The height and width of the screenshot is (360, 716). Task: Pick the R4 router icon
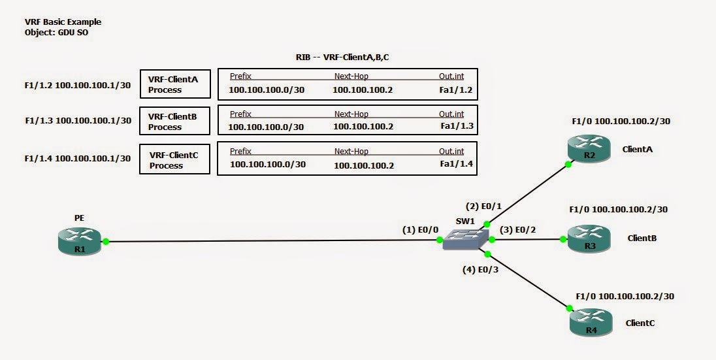591,323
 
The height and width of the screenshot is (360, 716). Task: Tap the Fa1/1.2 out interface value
455,90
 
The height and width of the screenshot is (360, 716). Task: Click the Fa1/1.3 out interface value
456,126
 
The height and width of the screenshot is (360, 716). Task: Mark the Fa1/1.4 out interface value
456,165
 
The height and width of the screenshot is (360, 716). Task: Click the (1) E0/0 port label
420,229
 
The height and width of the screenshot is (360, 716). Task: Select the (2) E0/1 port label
483,206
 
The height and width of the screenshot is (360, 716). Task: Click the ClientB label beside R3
642,238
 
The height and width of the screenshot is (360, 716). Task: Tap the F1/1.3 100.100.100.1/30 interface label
78,121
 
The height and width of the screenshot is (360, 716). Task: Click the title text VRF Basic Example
63,22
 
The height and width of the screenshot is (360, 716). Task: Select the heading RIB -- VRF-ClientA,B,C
342,57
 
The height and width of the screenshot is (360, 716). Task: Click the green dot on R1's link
105,241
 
